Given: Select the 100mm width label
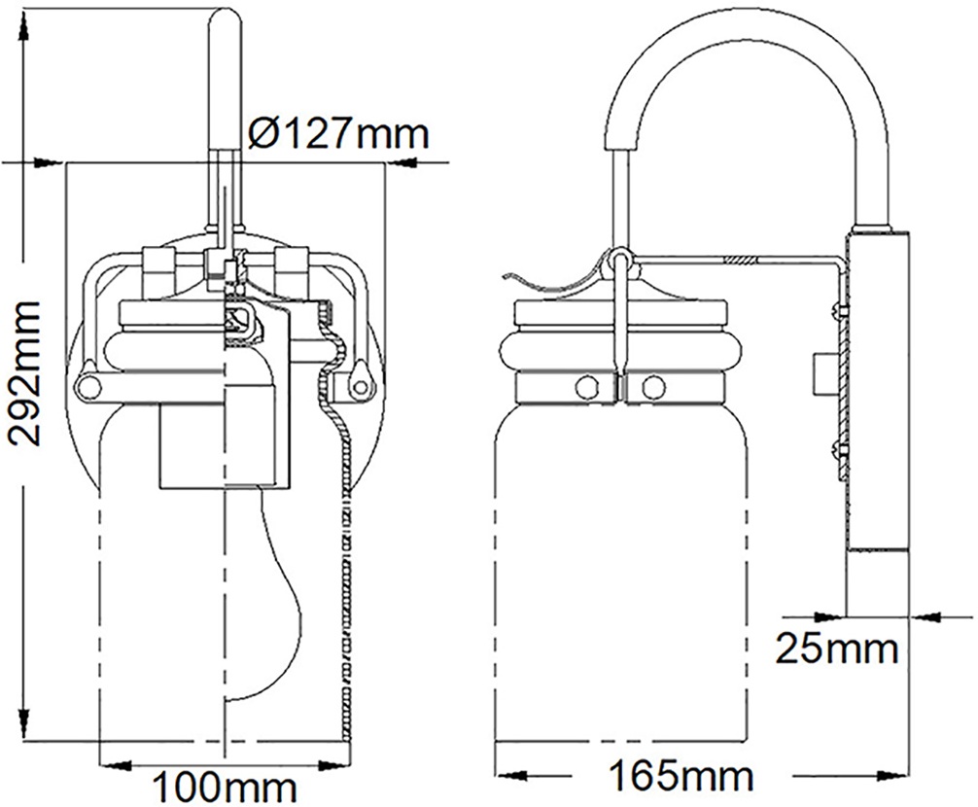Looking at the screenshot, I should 226,784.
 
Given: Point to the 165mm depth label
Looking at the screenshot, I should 681,777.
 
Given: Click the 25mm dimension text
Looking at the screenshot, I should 837,648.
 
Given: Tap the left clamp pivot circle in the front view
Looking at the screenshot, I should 88,387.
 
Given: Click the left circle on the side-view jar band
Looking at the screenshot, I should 585,386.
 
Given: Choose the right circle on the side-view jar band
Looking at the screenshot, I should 653,386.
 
